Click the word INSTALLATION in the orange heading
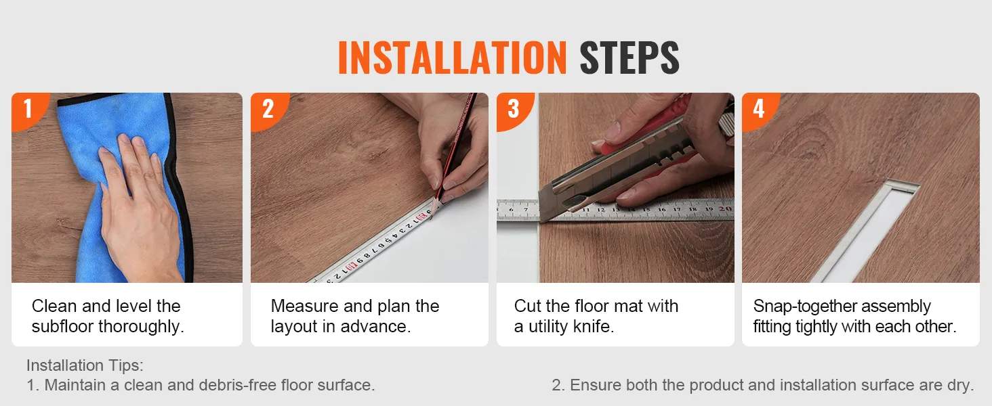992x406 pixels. coord(452,58)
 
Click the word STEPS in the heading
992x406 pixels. coord(629,58)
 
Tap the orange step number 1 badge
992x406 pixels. coord(27,109)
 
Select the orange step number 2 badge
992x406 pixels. coord(268,109)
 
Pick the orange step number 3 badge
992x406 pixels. coord(513,109)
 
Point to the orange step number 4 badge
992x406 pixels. coord(758,109)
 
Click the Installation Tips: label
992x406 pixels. coord(85,365)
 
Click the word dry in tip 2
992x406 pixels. coord(961,385)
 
